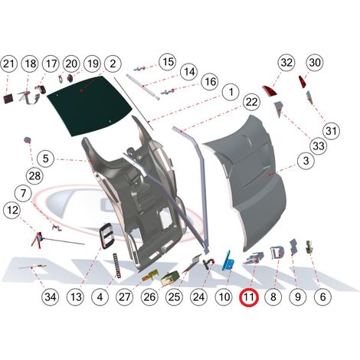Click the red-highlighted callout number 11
[249, 297]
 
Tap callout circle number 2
[113, 64]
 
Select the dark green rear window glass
[90, 106]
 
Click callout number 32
[286, 62]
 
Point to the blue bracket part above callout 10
[228, 261]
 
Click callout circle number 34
[51, 297]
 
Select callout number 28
[34, 176]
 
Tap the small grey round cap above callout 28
[27, 139]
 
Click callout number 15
[168, 61]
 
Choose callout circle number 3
[306, 161]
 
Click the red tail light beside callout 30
[303, 81]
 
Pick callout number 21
[8, 64]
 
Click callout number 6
[322, 297]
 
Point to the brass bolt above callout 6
[309, 247]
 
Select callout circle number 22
[251, 102]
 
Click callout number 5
[46, 159]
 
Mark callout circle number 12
[12, 210]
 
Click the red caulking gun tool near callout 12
[38, 238]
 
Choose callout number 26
[149, 297]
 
